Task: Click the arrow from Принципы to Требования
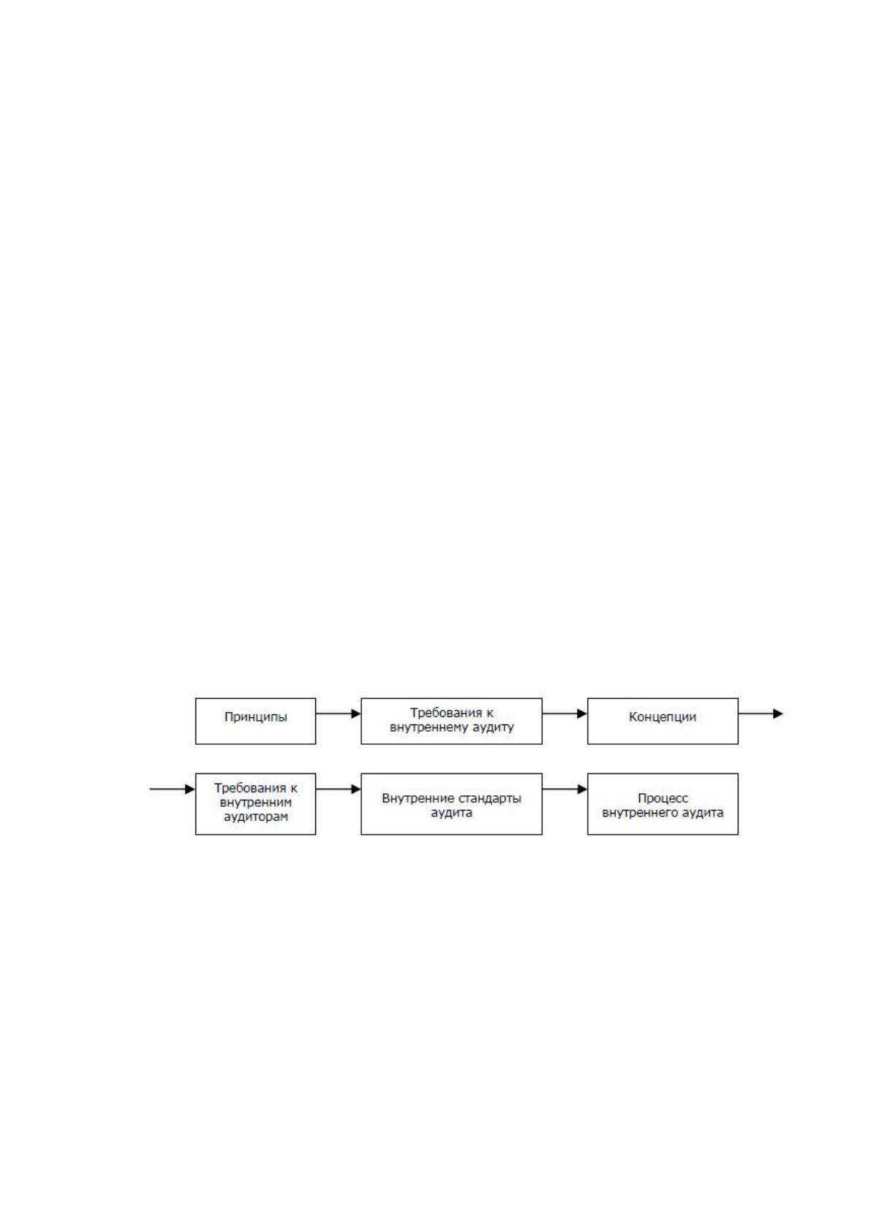click(x=338, y=714)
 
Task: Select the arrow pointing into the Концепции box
click(x=565, y=714)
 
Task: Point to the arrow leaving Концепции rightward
click(x=761, y=714)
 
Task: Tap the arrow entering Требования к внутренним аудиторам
click(x=173, y=789)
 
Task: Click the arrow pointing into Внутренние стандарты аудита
click(x=338, y=789)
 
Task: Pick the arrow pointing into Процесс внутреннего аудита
click(x=565, y=789)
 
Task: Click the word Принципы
click(x=256, y=717)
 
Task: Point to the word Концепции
click(x=663, y=717)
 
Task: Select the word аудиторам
click(x=256, y=817)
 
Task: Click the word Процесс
click(x=663, y=798)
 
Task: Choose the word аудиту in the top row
click(x=493, y=727)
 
